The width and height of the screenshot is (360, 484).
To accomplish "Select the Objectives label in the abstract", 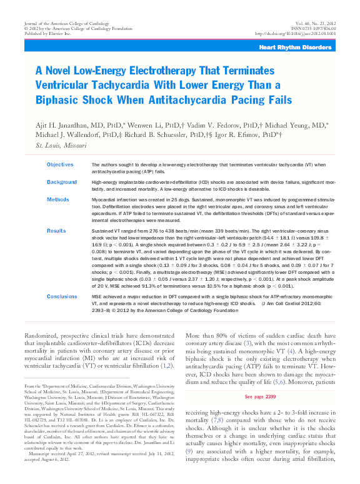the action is pos(60,164).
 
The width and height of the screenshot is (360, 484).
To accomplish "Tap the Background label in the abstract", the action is pos(62,182).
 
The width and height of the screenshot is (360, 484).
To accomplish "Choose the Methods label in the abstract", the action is pos(57,199).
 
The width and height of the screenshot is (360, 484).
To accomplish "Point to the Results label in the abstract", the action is pos(57,231).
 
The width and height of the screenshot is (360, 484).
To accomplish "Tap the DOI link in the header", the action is pos(296,33).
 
